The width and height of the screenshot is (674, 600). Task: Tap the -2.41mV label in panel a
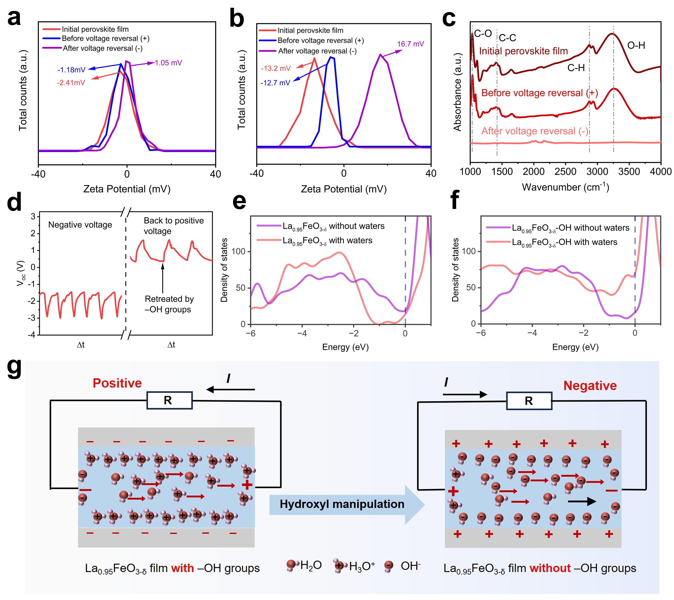pyautogui.click(x=71, y=83)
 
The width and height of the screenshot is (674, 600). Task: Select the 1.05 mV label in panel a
pyautogui.click(x=168, y=63)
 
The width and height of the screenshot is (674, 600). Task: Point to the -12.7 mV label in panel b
pyautogui.click(x=275, y=83)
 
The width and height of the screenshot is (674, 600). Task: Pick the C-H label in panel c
pyautogui.click(x=576, y=68)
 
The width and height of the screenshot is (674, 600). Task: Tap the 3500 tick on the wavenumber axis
pyautogui.click(x=629, y=172)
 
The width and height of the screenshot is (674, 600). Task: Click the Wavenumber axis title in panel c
pyautogui.click(x=566, y=187)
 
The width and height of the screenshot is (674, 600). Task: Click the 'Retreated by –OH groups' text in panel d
pyautogui.click(x=169, y=304)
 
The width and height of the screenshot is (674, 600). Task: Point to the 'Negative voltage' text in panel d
pyautogui.click(x=80, y=225)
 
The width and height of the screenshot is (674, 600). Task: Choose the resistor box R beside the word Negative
pyautogui.click(x=529, y=401)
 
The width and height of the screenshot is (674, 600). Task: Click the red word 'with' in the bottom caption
pyautogui.click(x=182, y=568)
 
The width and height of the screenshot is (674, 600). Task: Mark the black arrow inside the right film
pyautogui.click(x=582, y=502)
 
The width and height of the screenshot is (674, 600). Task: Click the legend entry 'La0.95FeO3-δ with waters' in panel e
pyautogui.click(x=327, y=241)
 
